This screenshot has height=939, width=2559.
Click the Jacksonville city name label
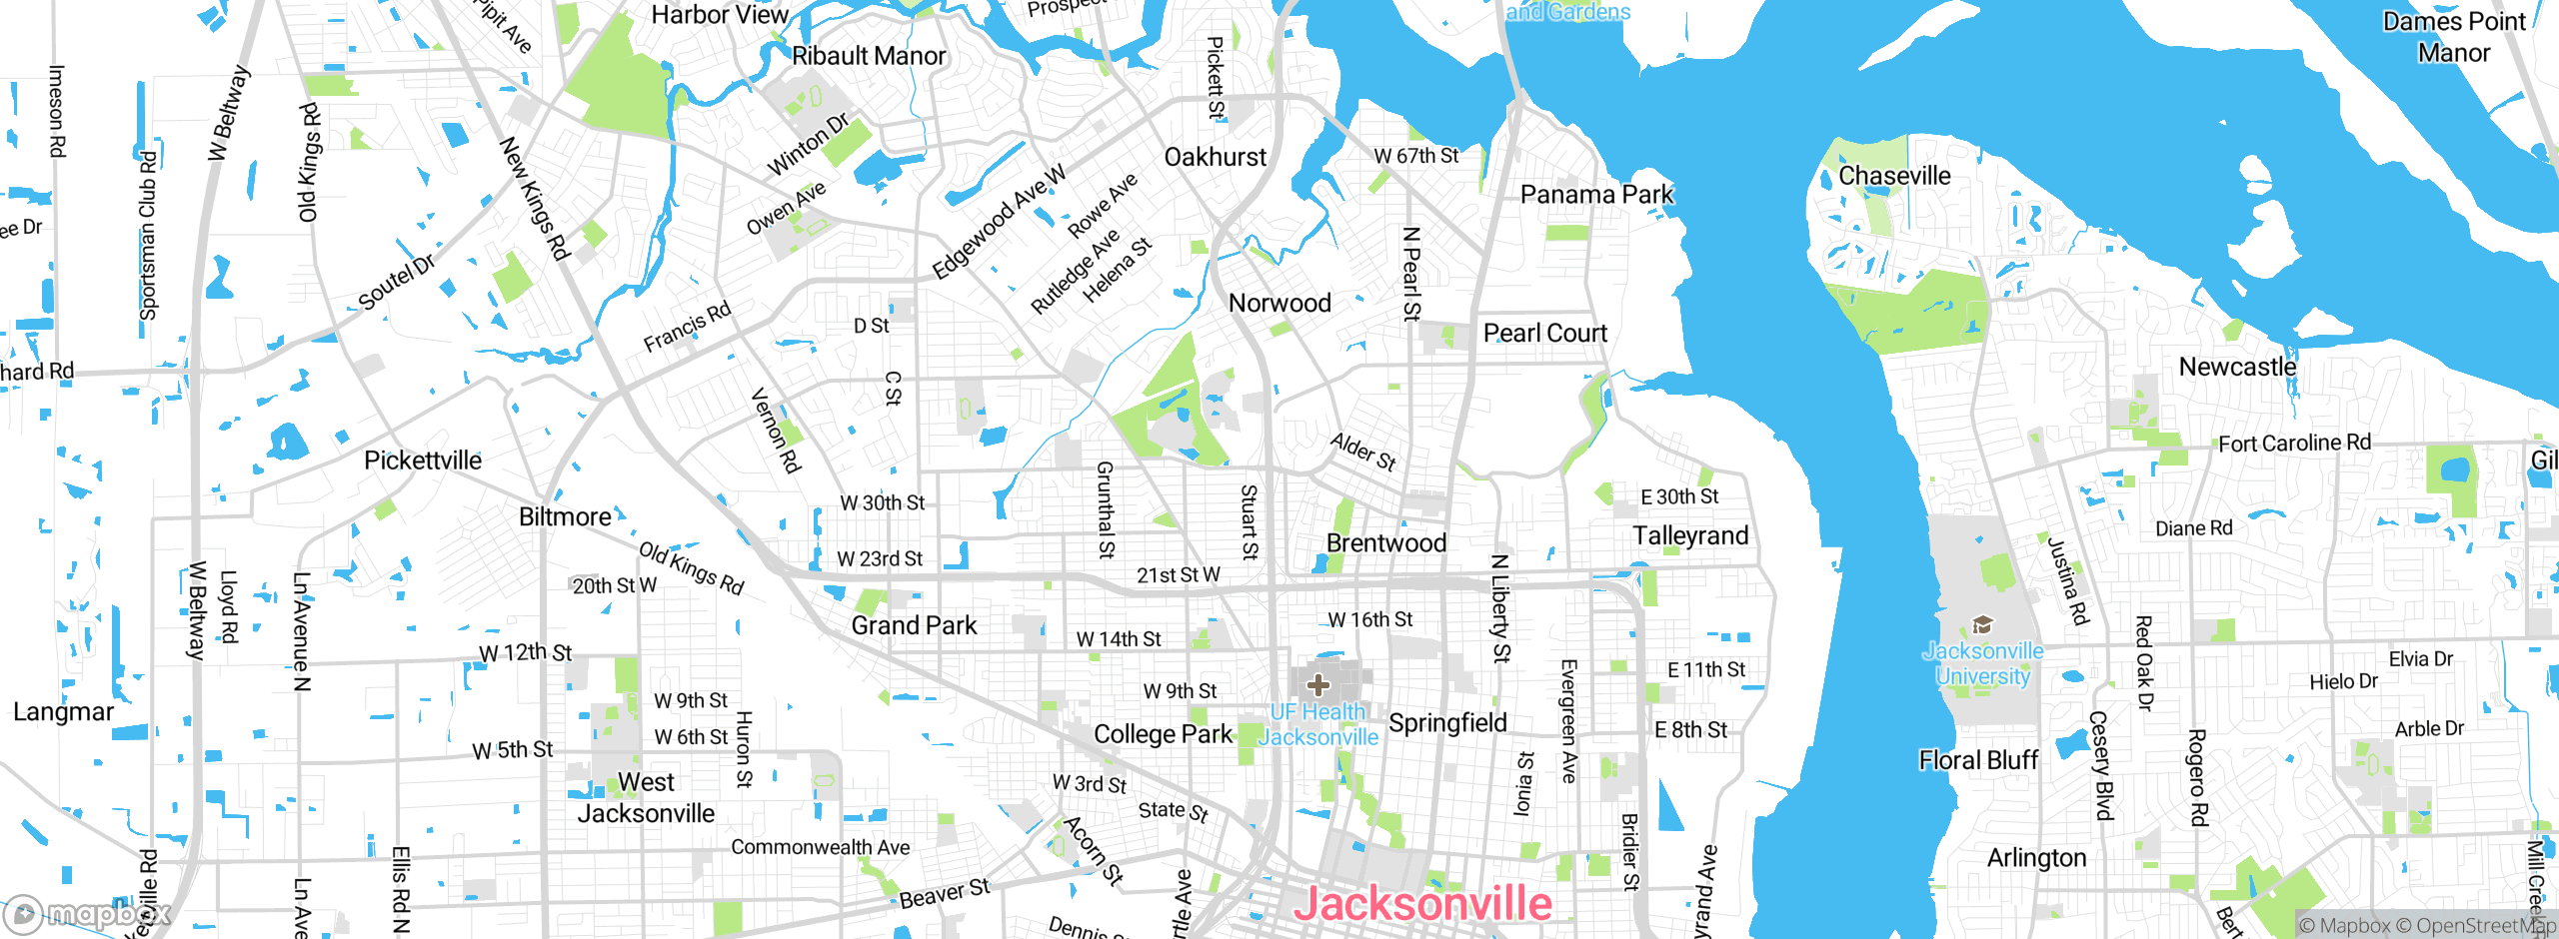point(1422,904)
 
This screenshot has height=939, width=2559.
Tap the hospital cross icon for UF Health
point(1318,685)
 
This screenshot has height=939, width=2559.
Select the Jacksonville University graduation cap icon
point(1982,626)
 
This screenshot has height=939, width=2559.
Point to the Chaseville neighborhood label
point(1894,176)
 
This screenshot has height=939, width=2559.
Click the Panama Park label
point(1596,194)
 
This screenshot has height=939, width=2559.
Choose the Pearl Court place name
point(1544,333)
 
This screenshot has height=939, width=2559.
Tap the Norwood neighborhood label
point(1279,303)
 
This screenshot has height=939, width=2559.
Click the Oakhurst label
point(1215,157)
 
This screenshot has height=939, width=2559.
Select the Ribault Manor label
point(868,56)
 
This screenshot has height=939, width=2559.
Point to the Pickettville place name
point(422,461)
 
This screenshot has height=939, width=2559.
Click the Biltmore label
point(565,516)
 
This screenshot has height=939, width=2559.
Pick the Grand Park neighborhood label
point(914,625)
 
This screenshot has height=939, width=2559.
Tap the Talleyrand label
point(1690,536)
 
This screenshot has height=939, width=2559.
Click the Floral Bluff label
point(1978,760)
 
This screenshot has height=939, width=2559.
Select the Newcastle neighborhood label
point(2237,367)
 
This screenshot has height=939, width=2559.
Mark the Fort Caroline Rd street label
point(2294,443)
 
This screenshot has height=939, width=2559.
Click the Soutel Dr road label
point(397,282)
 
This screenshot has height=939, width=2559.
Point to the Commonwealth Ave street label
point(820,847)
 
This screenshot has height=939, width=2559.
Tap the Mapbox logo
point(88,914)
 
